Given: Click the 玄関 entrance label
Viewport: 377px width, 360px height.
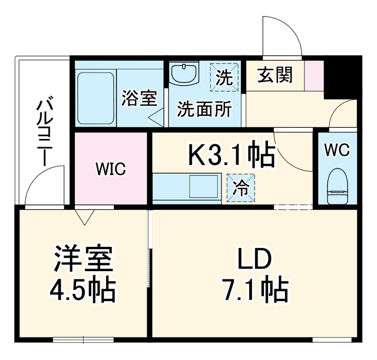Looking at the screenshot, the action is (275, 75).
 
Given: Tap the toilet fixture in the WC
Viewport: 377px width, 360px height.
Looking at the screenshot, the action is (338, 186).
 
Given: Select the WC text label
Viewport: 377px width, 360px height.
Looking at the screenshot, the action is (337, 150).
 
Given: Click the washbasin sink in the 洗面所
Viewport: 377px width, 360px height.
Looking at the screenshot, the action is (184, 72).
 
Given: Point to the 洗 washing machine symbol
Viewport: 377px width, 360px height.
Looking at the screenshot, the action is (224, 77).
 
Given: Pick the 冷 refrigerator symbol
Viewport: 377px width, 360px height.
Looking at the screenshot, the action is (241, 187).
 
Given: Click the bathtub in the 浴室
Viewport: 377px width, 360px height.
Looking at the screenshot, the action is (95, 98).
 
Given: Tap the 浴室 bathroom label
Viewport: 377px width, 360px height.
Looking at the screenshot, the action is (140, 98).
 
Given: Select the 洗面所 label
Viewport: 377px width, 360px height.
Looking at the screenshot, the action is (204, 109).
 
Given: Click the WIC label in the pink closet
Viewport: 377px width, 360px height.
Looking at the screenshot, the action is (111, 169).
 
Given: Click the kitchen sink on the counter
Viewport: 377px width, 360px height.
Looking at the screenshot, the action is (204, 186).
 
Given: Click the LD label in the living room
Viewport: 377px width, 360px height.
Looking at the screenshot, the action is (254, 259).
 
